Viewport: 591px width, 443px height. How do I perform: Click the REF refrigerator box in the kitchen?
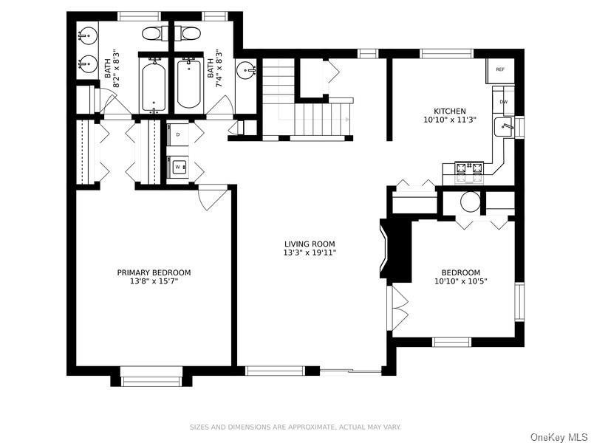pyautogui.click(x=500, y=69)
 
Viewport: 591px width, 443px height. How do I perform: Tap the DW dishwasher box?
pyautogui.click(x=503, y=101)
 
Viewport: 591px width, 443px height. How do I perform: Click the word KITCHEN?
pyautogui.click(x=450, y=111)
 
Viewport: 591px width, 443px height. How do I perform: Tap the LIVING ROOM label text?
pyautogui.click(x=310, y=244)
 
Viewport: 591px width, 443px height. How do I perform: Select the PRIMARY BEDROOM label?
pyautogui.click(x=154, y=272)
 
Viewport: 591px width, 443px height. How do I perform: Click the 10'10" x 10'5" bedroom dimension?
pyautogui.click(x=461, y=281)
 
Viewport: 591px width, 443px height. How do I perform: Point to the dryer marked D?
pyautogui.click(x=178, y=134)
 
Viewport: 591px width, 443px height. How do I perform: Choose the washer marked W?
pyautogui.click(x=178, y=168)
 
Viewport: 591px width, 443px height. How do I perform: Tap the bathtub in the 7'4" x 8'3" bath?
pyautogui.click(x=190, y=83)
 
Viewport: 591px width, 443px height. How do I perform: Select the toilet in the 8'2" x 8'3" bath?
pyautogui.click(x=154, y=33)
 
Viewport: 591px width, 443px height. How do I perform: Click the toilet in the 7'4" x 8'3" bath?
pyautogui.click(x=189, y=33)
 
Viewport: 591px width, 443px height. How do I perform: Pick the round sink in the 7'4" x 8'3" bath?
pyautogui.click(x=245, y=71)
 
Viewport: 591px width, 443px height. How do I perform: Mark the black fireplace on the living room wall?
pyautogui.click(x=393, y=250)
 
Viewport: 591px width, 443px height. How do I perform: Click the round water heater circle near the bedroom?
pyautogui.click(x=470, y=202)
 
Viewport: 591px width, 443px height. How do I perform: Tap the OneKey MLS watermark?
pyautogui.click(x=559, y=436)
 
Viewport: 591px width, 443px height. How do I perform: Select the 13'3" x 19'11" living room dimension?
pyautogui.click(x=310, y=253)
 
